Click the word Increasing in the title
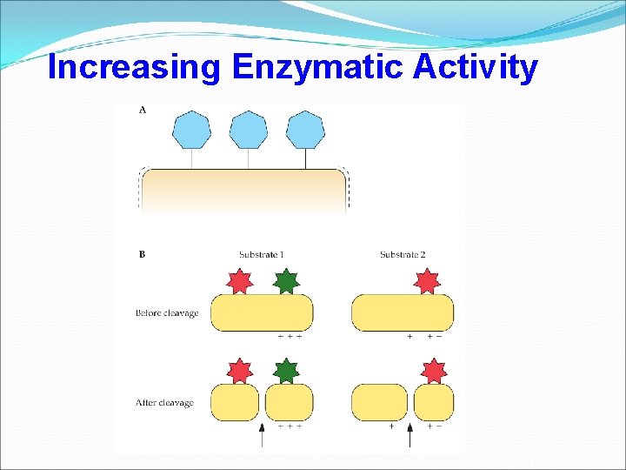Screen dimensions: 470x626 (x=134, y=67)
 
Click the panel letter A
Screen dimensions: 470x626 (x=142, y=110)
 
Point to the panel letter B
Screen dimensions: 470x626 (x=142, y=255)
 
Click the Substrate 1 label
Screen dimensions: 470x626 (x=262, y=255)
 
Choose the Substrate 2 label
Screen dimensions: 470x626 (x=403, y=255)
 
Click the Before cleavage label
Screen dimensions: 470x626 (x=167, y=313)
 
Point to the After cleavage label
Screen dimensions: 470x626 (x=165, y=403)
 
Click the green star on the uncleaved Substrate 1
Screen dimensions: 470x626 (x=285, y=282)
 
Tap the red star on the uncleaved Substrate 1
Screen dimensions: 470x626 (x=238, y=282)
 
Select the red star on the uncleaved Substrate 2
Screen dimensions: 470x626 (x=427, y=282)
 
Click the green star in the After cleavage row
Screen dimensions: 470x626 (x=285, y=372)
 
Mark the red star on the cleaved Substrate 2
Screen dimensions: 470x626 (x=433, y=372)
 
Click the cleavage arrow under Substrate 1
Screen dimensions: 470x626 (x=263, y=434)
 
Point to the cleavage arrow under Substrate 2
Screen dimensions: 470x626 (x=410, y=434)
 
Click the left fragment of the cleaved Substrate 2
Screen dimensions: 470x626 (x=379, y=402)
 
